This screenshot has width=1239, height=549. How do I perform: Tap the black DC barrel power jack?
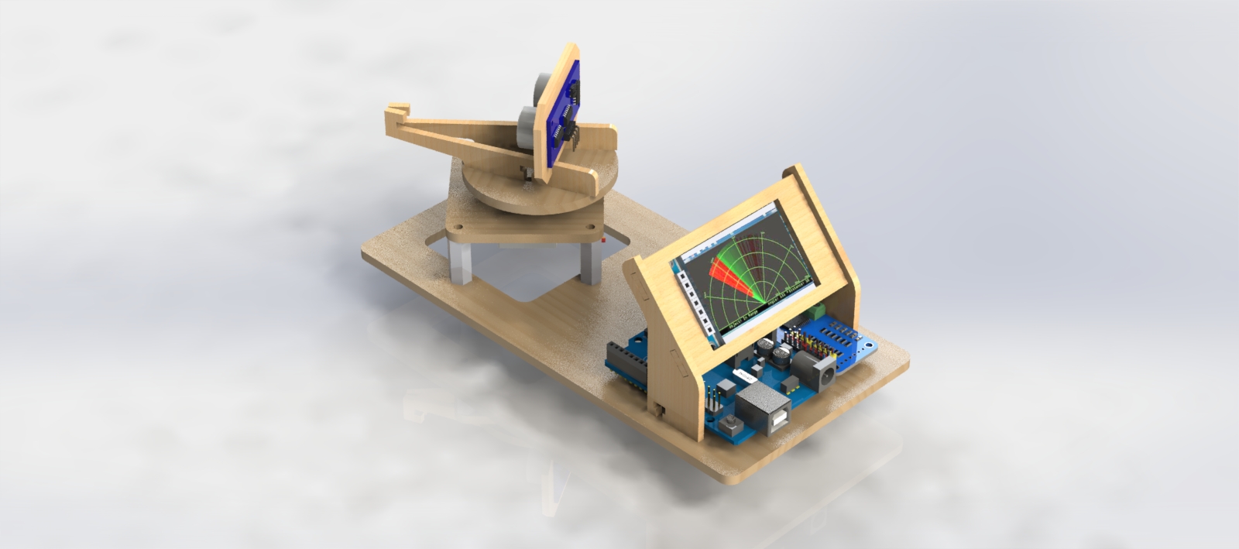coord(823,372)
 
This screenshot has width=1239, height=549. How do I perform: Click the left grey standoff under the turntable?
coord(460,262)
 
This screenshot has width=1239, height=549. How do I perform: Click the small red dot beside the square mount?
coord(603,241)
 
